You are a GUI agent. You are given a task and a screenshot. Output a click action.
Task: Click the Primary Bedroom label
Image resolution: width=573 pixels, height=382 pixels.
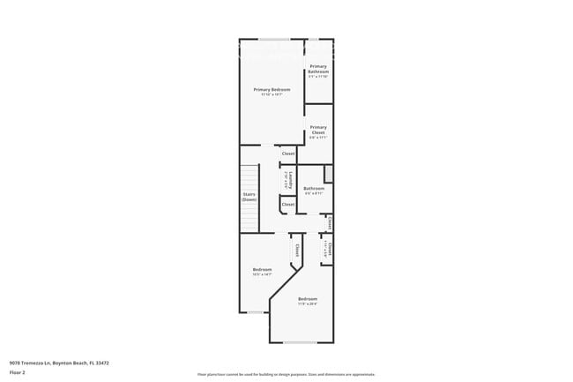pyautogui.click(x=272, y=89)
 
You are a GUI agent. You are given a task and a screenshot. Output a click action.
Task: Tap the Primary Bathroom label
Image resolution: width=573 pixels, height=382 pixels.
pyautogui.click(x=318, y=70)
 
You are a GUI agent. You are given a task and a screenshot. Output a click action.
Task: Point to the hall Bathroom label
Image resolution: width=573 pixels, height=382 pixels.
pyautogui.click(x=314, y=188)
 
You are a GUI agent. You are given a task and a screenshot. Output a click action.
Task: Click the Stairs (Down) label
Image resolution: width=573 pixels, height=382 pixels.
pyautogui.click(x=249, y=197)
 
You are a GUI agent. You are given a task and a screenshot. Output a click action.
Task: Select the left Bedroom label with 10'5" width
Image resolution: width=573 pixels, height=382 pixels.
pyautogui.click(x=263, y=269)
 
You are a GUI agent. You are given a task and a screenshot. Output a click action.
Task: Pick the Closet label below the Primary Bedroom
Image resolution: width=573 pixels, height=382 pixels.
pyautogui.click(x=287, y=154)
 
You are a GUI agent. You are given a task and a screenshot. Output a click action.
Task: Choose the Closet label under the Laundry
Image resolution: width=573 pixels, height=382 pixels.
pyautogui.click(x=287, y=204)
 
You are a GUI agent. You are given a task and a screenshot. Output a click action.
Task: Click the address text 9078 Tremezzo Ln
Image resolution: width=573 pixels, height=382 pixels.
pyautogui.click(x=43, y=362)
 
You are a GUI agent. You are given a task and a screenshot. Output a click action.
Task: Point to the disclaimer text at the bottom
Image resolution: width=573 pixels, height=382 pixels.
pyautogui.click(x=286, y=374)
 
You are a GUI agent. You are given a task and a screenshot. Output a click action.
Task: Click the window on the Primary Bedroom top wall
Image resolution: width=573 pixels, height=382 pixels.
pyautogui.click(x=274, y=38)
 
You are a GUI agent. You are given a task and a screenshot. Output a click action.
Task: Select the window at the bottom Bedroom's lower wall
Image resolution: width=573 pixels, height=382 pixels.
pyautogui.click(x=300, y=341)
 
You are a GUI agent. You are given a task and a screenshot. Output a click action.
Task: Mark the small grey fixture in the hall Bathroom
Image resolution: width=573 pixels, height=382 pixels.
pyautogui.click(x=328, y=173)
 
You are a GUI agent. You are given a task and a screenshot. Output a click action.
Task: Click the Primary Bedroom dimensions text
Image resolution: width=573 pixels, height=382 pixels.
pyautogui.click(x=272, y=94)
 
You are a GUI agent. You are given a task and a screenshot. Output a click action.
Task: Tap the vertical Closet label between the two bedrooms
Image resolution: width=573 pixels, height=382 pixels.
pyautogui.click(x=297, y=251)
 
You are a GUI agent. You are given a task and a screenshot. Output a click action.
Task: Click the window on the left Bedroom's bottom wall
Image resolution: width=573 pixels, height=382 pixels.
pyautogui.click(x=256, y=311)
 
